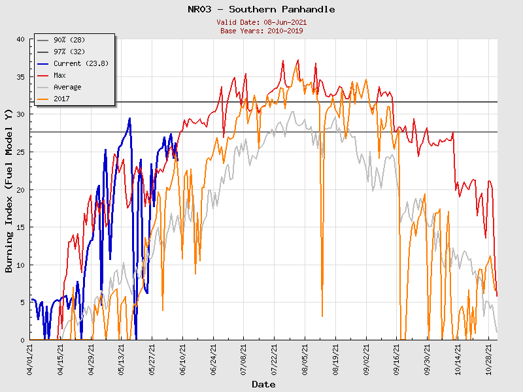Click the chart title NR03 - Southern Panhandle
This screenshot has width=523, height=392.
tap(261, 9)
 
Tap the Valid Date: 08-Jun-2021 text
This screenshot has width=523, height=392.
tap(261, 22)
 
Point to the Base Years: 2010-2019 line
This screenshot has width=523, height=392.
tap(261, 31)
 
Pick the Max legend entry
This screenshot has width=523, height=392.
tap(59, 75)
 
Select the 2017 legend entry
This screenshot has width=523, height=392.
tap(61, 99)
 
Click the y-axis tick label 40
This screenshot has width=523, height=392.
tap(20, 39)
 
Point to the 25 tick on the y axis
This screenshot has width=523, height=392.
tap(20, 152)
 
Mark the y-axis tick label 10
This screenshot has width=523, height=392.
tap(20, 265)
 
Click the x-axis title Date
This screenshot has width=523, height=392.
tap(263, 384)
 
